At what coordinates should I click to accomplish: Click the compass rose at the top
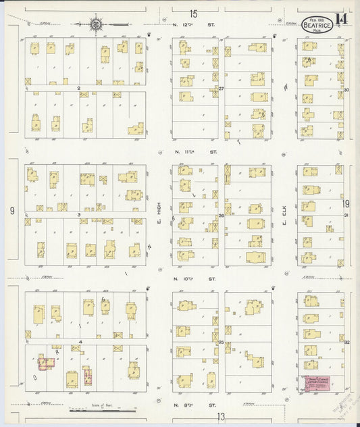[96, 25]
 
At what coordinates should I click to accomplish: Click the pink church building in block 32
[319, 384]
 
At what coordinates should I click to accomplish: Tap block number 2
[79, 88]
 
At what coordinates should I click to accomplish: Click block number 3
[79, 215]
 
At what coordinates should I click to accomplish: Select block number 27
[221, 89]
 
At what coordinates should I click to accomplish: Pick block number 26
[221, 216]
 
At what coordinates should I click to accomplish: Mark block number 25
[221, 343]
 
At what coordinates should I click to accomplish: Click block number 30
[346, 89]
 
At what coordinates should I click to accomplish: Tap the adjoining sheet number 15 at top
[194, 14]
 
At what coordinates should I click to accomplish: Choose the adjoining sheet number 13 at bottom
[221, 417]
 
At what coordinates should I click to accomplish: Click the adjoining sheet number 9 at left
[12, 211]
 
